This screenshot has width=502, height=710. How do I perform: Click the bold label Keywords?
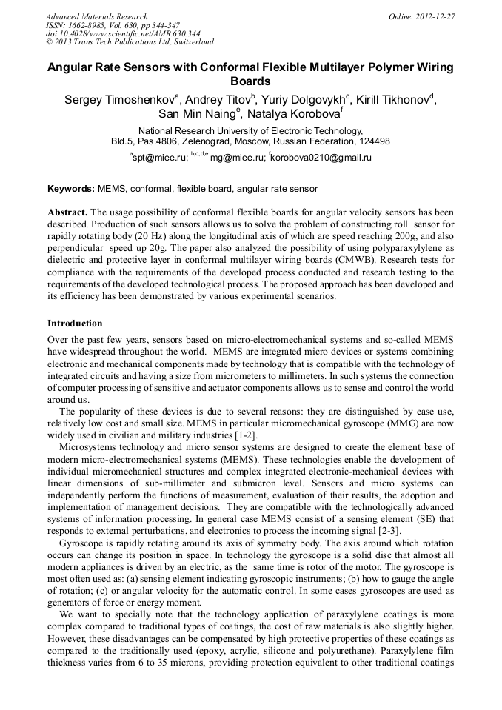[x=71, y=190]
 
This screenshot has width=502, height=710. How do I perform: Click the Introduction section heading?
[x=75, y=324]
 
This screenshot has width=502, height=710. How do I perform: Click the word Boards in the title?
[x=250, y=81]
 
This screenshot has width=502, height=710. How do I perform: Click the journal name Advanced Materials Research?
[x=97, y=16]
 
